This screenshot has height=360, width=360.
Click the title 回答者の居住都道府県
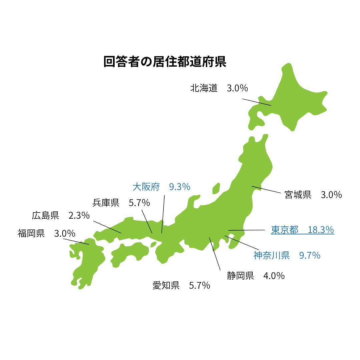[x=165, y=62]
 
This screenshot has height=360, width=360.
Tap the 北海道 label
[x=204, y=88]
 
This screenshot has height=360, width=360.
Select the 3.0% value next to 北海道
[x=237, y=88]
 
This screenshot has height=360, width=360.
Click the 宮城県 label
[x=298, y=195]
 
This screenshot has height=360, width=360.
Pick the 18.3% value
[x=321, y=230]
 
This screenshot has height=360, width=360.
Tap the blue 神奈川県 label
[x=271, y=255]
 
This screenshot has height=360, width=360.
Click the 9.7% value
[x=310, y=255]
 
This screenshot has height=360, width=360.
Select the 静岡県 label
[x=240, y=276]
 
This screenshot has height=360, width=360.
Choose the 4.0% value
[x=274, y=276]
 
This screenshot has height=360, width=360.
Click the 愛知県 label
[x=166, y=285]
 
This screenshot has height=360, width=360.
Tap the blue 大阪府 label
[x=146, y=187]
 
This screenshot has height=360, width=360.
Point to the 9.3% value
[x=180, y=187]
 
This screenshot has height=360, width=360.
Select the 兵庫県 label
[x=106, y=203]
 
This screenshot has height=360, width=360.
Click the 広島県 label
[x=45, y=215]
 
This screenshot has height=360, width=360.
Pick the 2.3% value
[x=79, y=215]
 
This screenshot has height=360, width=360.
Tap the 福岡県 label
[x=31, y=233]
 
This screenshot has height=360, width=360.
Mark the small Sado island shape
[x=216, y=189]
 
